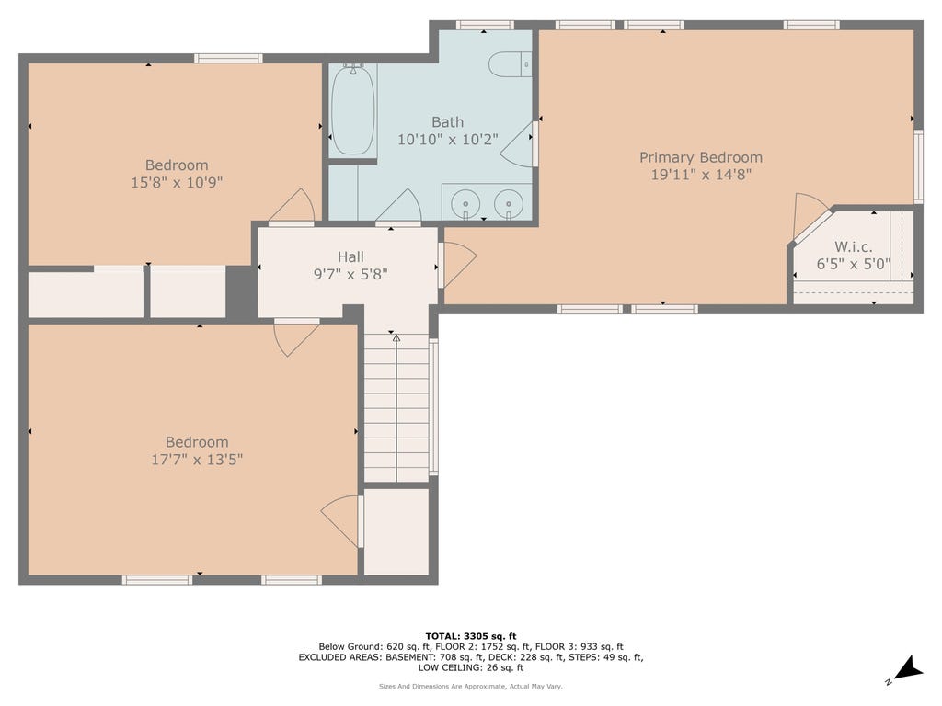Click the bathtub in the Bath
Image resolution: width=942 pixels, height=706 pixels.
353,110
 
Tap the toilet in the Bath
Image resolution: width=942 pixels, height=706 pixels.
510,65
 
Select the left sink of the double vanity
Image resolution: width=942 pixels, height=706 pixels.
465,203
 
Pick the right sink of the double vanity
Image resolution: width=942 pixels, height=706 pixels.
508,203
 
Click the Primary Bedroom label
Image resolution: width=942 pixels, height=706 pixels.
700,157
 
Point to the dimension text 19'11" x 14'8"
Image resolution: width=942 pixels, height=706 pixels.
701,175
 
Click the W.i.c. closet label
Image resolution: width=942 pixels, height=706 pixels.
853,246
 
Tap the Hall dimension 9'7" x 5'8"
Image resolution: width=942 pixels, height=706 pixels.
350,274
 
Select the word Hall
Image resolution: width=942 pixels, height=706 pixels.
350,257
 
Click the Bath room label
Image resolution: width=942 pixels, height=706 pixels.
448,122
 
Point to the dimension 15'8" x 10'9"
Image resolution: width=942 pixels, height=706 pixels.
177,183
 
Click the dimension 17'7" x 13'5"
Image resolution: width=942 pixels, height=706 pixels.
197,460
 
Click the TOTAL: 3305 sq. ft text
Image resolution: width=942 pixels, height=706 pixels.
470,636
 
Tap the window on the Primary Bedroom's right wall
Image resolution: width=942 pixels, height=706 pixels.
918,166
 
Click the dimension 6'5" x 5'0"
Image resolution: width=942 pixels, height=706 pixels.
853,264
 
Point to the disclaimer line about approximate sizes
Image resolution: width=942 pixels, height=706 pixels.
470,686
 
